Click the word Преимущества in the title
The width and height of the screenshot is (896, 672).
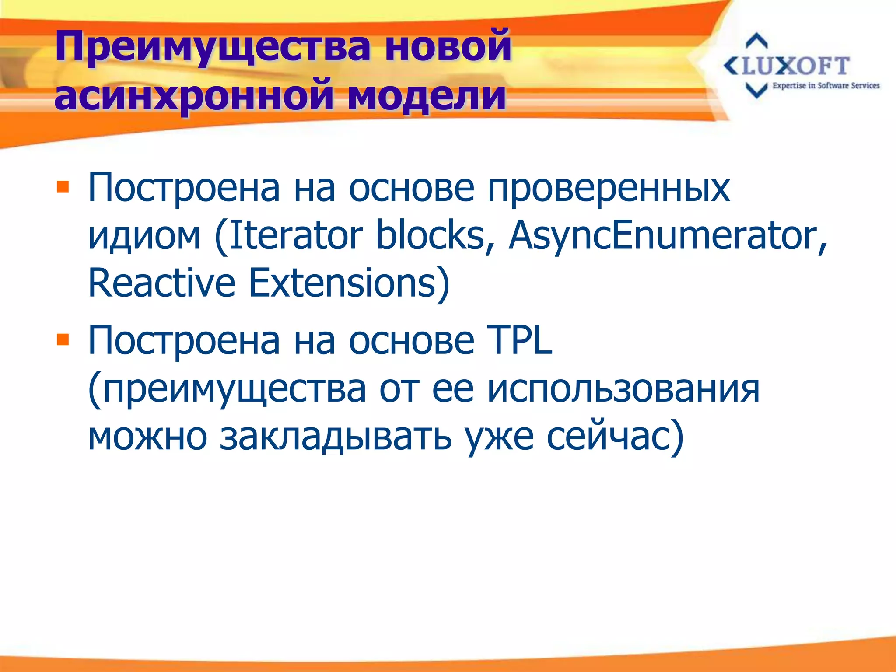(213, 47)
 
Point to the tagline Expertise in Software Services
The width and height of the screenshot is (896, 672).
(826, 86)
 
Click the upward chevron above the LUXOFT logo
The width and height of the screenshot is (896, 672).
(756, 41)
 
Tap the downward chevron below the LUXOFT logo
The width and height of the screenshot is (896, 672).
(756, 91)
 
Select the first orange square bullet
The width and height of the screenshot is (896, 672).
(63, 187)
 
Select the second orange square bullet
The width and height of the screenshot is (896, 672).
(63, 339)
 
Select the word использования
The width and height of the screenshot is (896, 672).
(623, 388)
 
